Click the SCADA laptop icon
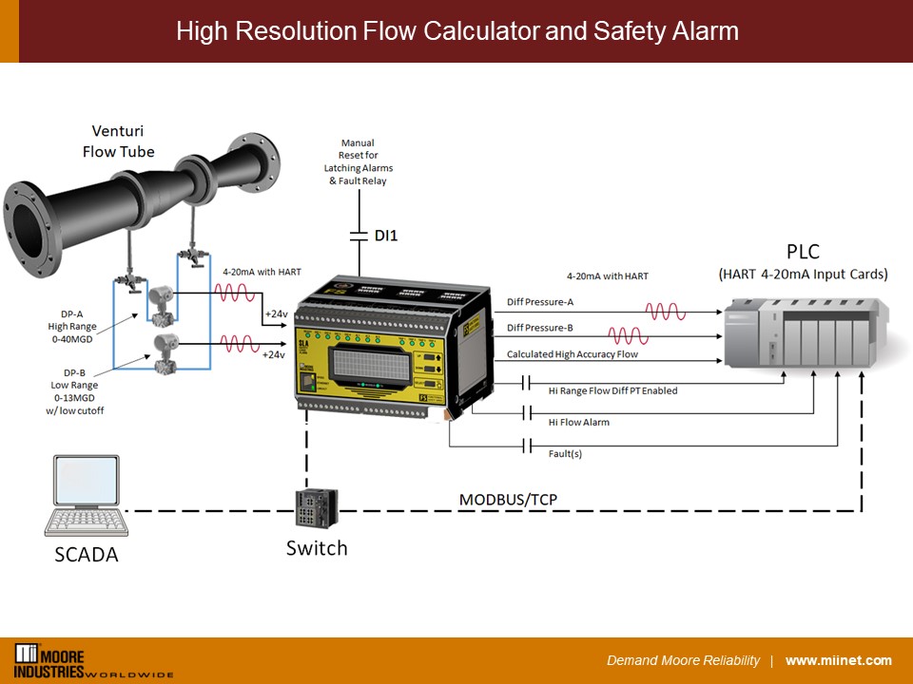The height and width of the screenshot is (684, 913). (x=87, y=496)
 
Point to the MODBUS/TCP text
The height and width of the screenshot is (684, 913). (x=509, y=499)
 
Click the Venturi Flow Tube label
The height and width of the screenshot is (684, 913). (x=118, y=141)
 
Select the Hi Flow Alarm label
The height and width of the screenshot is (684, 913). (x=578, y=422)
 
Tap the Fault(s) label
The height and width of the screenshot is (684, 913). (x=565, y=453)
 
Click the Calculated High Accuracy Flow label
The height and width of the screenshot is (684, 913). (x=572, y=354)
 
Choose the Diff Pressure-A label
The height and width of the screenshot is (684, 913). (x=539, y=302)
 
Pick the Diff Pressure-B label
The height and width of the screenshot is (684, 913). (x=539, y=328)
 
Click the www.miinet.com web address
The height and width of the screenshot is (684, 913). (x=838, y=660)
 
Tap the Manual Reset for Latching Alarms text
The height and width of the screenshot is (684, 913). (x=358, y=161)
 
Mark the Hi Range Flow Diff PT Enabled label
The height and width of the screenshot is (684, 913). (x=612, y=390)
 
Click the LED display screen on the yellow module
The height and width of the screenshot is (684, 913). (x=372, y=367)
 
